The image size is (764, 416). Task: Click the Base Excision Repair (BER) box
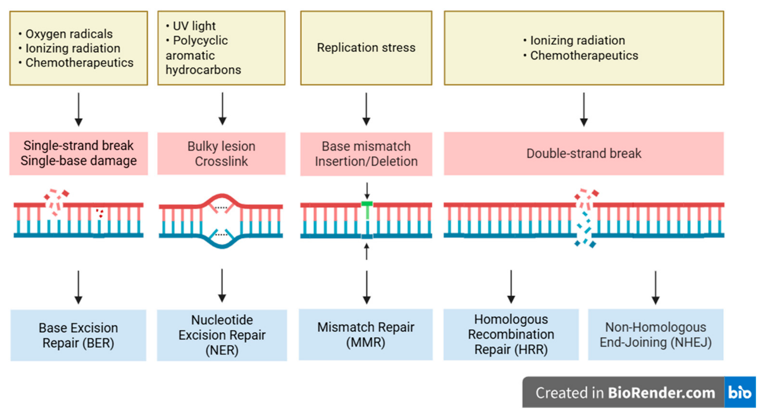78,335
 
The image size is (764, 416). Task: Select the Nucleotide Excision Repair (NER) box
222,335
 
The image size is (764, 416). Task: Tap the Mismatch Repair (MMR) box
366,334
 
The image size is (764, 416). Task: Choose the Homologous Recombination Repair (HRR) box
511,334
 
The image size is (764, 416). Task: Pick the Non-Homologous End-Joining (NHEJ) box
656,334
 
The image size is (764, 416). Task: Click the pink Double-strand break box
584,153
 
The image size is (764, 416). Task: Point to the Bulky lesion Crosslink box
221,153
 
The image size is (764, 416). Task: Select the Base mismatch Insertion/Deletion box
366,154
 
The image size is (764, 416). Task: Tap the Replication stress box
366,48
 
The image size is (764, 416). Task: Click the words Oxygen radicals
69,34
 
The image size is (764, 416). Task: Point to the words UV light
194,26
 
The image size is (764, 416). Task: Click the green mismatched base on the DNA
367,210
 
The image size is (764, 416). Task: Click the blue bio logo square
740,392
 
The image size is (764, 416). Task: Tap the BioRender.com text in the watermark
661,393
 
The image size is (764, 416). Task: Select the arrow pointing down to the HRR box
511,287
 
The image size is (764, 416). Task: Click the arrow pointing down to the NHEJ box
655,288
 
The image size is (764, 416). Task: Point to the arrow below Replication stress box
366,109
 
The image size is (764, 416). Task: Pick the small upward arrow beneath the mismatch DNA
367,251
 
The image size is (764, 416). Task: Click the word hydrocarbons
203,70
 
